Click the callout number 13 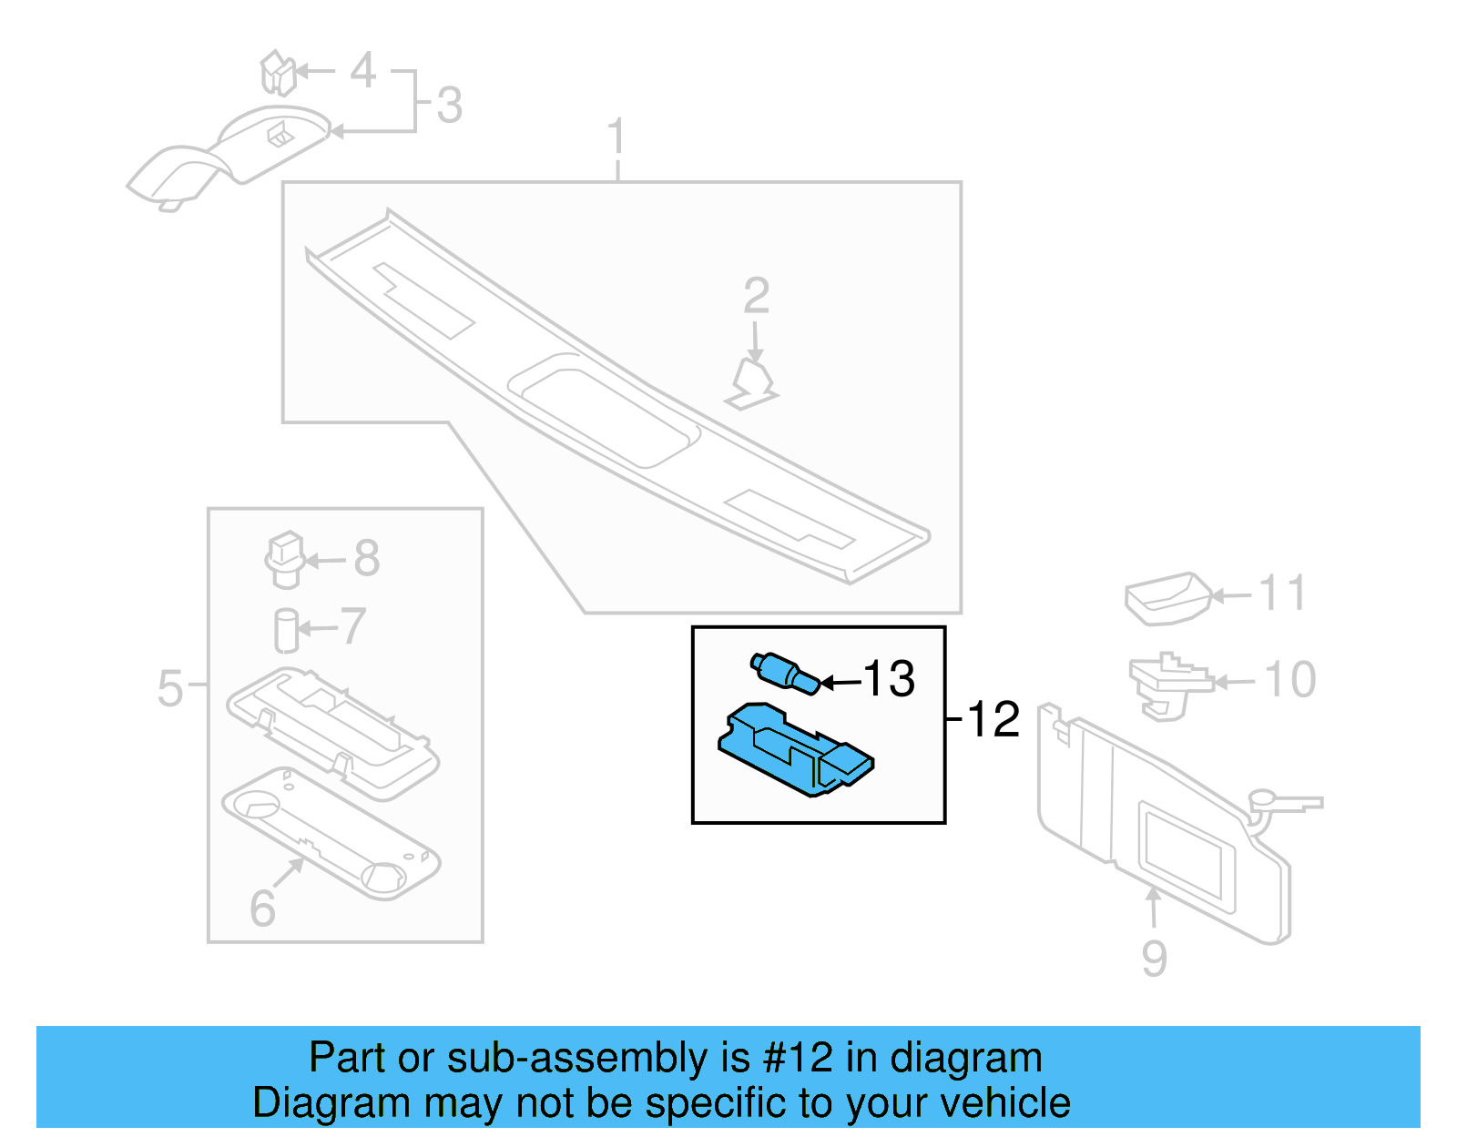[x=889, y=678]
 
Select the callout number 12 [x=993, y=719]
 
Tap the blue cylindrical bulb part [x=784, y=673]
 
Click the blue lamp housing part [x=796, y=750]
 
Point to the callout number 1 [x=616, y=136]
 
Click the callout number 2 [x=757, y=296]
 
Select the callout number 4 [x=362, y=70]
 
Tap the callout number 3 [x=449, y=105]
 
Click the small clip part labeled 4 [x=279, y=72]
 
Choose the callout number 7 [x=353, y=625]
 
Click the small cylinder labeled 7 [x=287, y=631]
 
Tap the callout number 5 [x=169, y=687]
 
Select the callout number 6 [x=262, y=908]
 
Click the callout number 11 [x=1283, y=593]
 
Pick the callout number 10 [x=1290, y=679]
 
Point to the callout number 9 [x=1154, y=958]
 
